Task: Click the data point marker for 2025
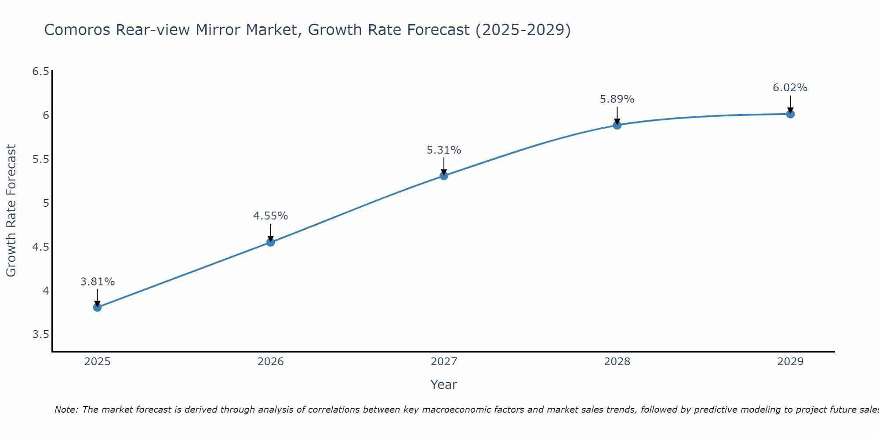[97, 307]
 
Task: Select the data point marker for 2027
[444, 176]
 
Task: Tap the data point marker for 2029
[790, 114]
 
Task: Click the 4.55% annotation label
[270, 216]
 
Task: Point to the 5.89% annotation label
[617, 99]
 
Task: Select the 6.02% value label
[790, 88]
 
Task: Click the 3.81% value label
[97, 282]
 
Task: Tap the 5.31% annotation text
[444, 150]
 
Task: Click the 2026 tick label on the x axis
[270, 362]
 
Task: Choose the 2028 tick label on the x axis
[617, 362]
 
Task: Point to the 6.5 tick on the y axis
[40, 71]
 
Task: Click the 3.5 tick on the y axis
[40, 335]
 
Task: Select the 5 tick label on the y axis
[46, 203]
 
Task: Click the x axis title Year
[443, 385]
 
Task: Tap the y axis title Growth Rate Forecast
[11, 210]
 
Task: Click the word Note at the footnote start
[66, 410]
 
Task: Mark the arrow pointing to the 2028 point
[617, 116]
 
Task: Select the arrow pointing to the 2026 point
[270, 233]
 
